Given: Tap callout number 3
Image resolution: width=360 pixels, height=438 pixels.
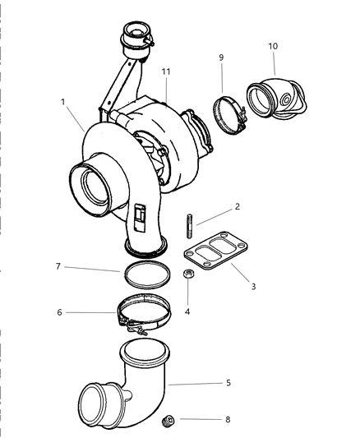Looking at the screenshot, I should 254,286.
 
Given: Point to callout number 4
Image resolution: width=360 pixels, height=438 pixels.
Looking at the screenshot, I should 187,311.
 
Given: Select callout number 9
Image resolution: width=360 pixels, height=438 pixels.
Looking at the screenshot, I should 221,58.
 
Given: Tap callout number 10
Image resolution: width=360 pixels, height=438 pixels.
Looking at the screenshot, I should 273,47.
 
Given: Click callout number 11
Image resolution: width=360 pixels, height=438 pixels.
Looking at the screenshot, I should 165,72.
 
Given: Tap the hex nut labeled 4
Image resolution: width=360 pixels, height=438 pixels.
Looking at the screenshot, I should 187,277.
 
